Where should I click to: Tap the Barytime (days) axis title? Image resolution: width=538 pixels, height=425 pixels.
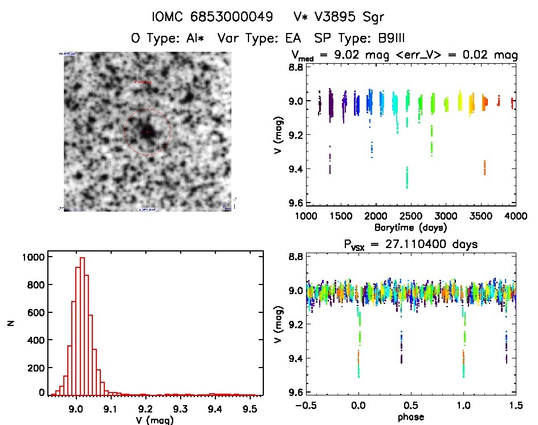[x=410, y=227]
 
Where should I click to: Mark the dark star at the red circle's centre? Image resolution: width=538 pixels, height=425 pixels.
[x=146, y=131]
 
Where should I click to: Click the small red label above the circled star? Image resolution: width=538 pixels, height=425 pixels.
[x=142, y=82]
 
